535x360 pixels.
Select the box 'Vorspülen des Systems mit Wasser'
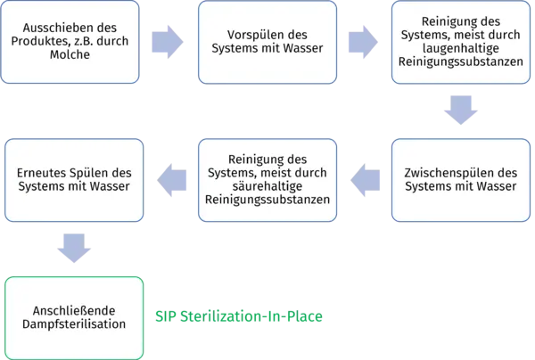click(267, 42)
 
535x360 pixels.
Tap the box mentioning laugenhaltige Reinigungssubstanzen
click(461, 42)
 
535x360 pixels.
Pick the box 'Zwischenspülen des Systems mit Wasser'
click(461, 179)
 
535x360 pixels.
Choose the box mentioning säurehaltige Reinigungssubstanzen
click(267, 179)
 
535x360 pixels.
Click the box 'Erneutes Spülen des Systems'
click(73, 179)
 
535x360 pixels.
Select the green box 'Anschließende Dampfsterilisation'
click(73, 317)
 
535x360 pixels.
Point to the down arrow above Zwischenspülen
click(461, 111)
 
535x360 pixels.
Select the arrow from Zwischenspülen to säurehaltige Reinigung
click(365, 180)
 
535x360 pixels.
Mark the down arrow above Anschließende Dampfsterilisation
click(73, 241)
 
